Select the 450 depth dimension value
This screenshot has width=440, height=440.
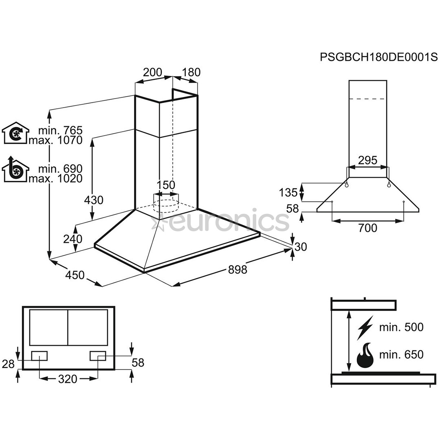(x=75, y=275)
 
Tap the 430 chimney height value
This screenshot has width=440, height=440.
(x=94, y=200)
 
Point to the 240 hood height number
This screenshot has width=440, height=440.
(x=73, y=239)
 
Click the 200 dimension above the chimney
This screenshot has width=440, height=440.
(x=153, y=73)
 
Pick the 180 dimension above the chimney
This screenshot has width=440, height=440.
(x=191, y=73)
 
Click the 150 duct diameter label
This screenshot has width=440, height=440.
(x=166, y=185)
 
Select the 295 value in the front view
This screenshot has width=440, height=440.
(x=367, y=160)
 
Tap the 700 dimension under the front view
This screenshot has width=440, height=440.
(x=368, y=228)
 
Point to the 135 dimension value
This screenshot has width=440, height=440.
(x=288, y=191)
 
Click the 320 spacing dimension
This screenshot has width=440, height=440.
(x=68, y=379)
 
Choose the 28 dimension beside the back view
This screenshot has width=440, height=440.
(x=8, y=364)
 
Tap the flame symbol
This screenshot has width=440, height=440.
(x=365, y=355)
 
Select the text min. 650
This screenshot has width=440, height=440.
(x=401, y=355)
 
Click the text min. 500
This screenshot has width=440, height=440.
(x=401, y=327)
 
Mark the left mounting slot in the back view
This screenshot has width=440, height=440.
(x=39, y=356)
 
